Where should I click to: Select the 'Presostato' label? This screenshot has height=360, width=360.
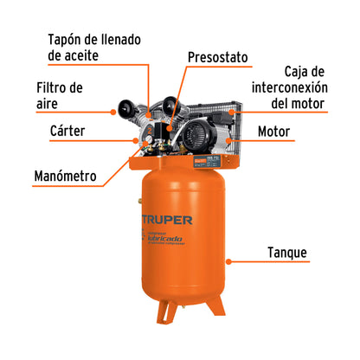(x=217, y=58)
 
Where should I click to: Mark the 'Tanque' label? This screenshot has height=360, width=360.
(x=285, y=254)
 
